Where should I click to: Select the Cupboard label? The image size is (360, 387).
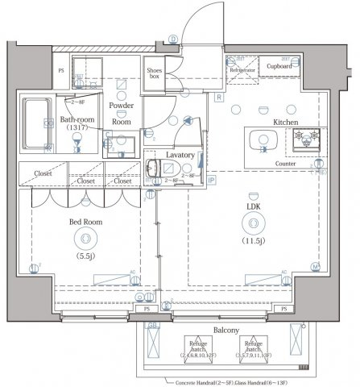pos(279,66)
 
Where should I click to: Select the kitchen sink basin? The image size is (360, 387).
pos(263,140)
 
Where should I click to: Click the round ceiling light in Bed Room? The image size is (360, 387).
pos(84,237)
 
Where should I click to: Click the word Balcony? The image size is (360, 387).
pos(226,331)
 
